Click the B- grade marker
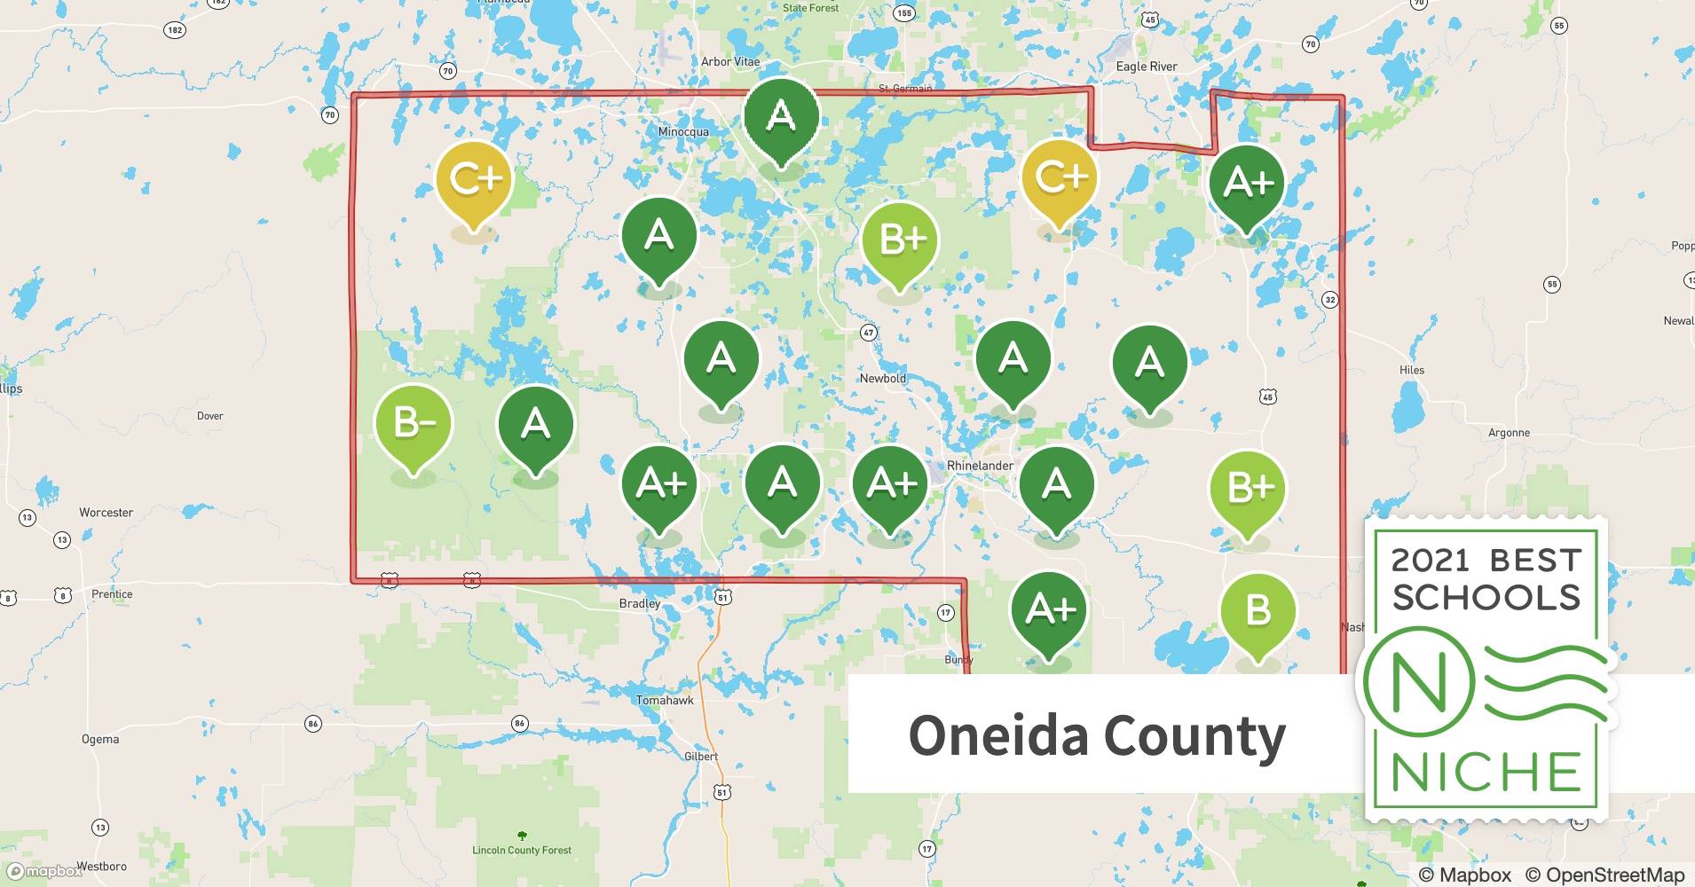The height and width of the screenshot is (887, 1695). coord(414,425)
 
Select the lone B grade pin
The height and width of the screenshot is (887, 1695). coord(1257,611)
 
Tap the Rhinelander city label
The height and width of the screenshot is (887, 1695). coord(980,466)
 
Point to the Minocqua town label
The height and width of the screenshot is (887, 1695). coord(683,132)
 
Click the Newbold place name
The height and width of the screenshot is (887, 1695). coord(882,379)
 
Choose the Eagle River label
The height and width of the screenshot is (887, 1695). coord(1147,67)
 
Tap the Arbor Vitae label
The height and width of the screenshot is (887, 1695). coord(730,62)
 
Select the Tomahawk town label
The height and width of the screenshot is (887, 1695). coord(665,701)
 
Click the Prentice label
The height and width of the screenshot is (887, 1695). coord(112,594)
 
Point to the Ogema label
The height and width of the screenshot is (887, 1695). coord(100,739)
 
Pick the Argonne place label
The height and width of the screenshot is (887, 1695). coord(1509,433)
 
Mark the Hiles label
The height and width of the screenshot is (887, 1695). coord(1411,371)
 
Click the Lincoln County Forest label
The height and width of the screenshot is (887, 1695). coord(522,850)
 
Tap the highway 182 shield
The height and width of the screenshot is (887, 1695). coord(175,30)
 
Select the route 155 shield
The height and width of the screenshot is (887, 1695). coord(903,12)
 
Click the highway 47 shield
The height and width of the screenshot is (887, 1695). coord(868,333)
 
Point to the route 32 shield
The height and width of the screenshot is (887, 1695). coord(1329,300)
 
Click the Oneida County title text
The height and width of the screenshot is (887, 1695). coord(1097,736)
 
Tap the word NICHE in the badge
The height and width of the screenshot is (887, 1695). coord(1486,771)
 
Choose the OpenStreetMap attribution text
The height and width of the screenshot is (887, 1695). coord(1604,875)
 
